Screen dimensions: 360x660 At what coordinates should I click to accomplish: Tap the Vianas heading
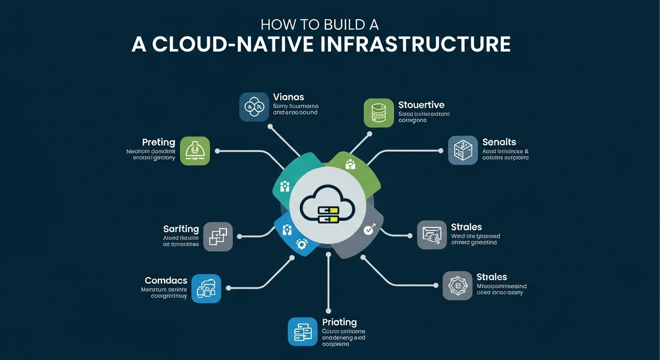tap(288, 97)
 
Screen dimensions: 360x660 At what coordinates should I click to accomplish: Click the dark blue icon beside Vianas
tap(254, 107)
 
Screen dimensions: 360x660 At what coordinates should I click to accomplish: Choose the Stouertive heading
tap(421, 105)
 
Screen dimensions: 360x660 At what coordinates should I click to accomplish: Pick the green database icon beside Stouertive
tap(379, 113)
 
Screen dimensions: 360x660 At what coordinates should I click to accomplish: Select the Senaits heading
tap(499, 142)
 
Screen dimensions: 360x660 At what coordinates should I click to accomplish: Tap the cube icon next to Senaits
tap(463, 150)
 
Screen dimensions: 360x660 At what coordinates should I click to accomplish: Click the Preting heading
tap(158, 142)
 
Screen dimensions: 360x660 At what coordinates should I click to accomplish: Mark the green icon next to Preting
tap(195, 151)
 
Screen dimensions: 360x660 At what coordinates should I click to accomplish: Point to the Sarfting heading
tap(181, 229)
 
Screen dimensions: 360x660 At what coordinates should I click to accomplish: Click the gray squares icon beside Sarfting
tap(218, 236)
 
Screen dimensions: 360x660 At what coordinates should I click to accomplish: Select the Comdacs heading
tap(166, 280)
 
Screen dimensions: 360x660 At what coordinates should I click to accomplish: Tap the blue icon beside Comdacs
tap(206, 288)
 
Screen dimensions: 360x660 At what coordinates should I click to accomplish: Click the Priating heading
tap(339, 322)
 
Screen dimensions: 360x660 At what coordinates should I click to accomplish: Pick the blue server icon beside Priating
tap(303, 332)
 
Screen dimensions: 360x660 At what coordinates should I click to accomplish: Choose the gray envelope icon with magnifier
tap(432, 235)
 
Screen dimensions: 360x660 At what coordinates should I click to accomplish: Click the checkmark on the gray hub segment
tap(368, 230)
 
